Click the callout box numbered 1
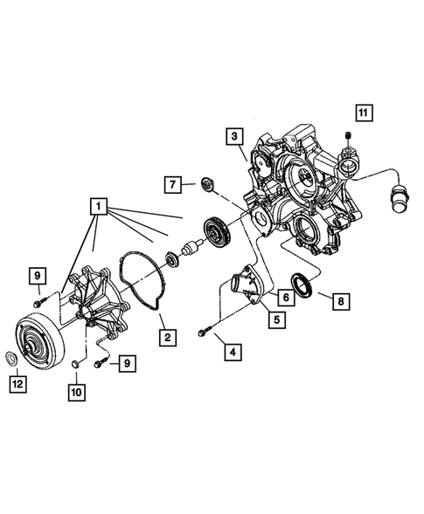pyautogui.click(x=100, y=208)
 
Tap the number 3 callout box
pyautogui.click(x=233, y=137)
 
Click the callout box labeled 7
pyautogui.click(x=171, y=183)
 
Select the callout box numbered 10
pyautogui.click(x=75, y=392)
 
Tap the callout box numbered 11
pyautogui.click(x=362, y=112)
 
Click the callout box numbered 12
pyautogui.click(x=17, y=381)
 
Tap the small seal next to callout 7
pyautogui.click(x=207, y=184)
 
